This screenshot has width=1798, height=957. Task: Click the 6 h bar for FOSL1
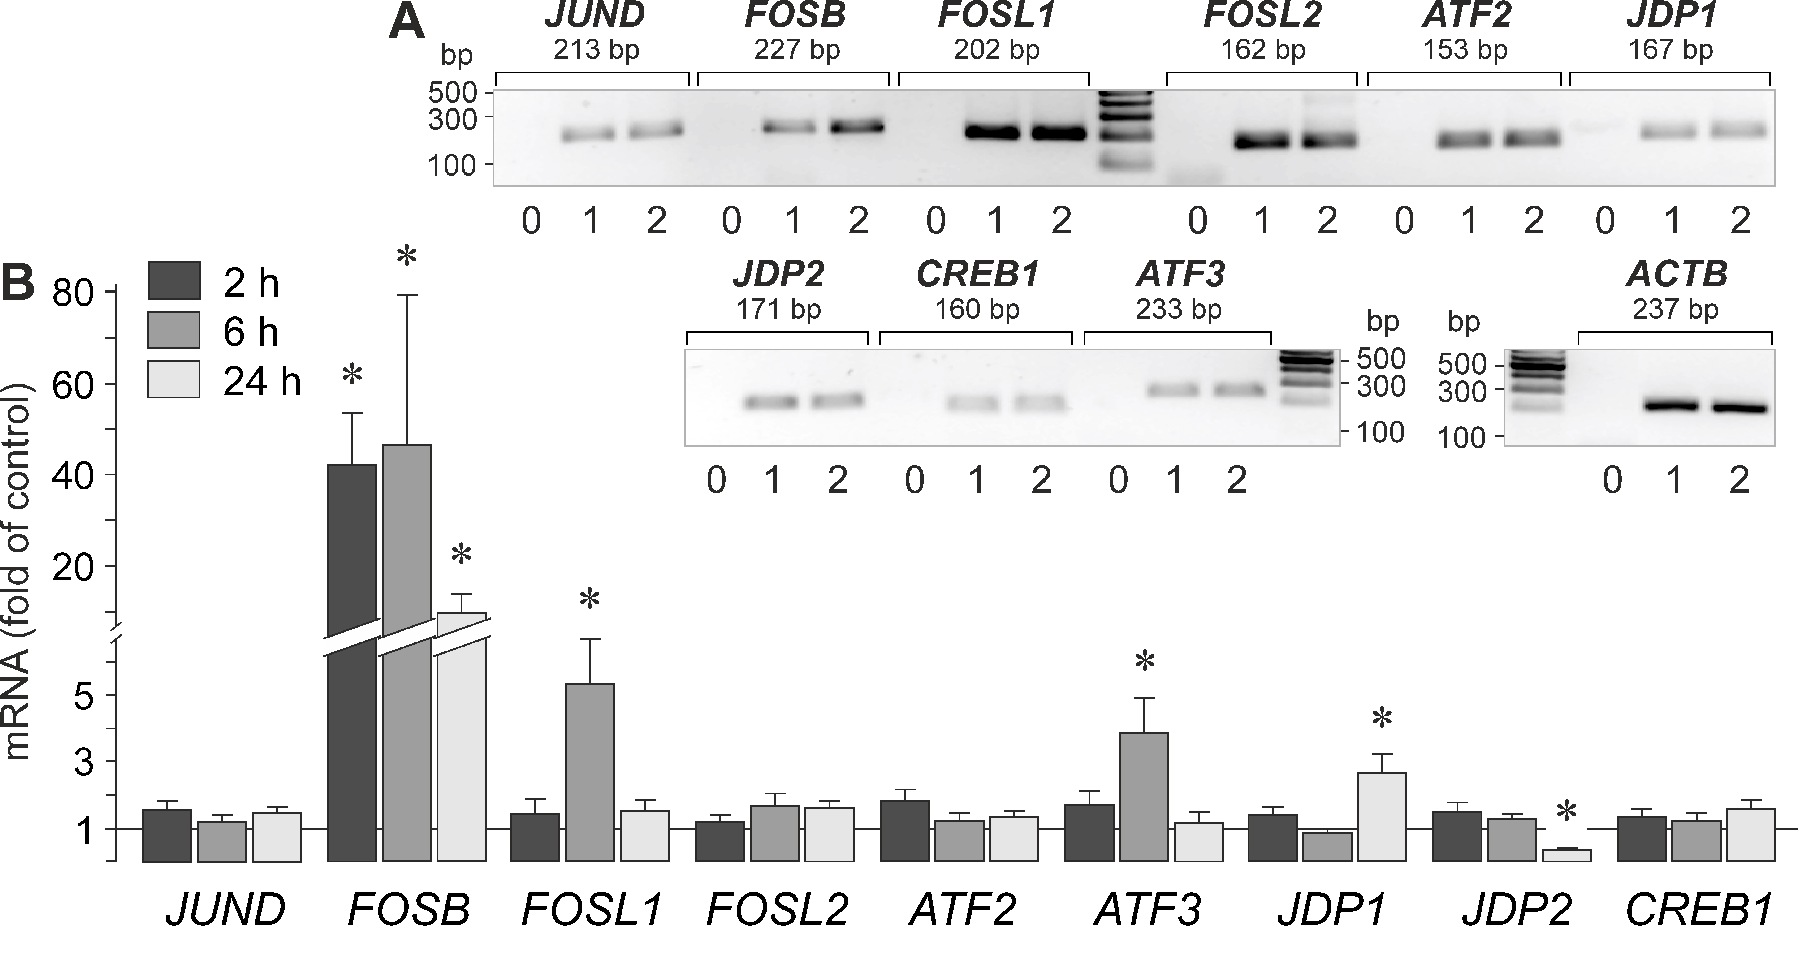click(x=590, y=771)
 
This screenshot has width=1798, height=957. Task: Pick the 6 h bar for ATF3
click(x=1144, y=796)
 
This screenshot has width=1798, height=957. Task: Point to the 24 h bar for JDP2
click(x=1566, y=855)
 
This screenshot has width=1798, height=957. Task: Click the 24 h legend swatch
click(x=174, y=379)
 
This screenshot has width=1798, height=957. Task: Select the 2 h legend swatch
click(x=174, y=281)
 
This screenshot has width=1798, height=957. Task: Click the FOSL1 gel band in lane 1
click(x=996, y=133)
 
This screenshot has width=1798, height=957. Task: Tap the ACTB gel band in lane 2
click(x=1740, y=408)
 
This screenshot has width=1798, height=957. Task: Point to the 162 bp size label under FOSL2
click(x=1263, y=50)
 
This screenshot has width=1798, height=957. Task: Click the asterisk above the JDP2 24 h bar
click(x=1566, y=812)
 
